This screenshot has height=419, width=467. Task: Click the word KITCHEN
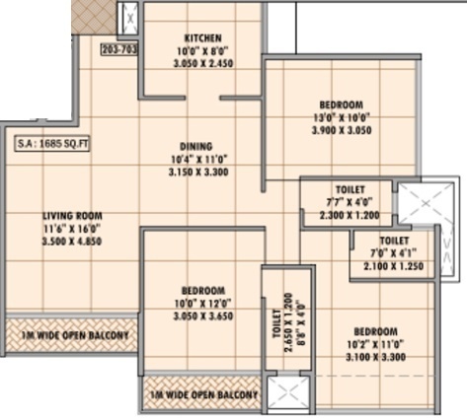[x=201, y=36]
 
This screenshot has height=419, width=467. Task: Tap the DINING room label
[x=195, y=147]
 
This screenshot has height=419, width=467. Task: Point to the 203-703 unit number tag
[x=118, y=46]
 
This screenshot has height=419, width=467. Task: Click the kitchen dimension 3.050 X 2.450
[x=201, y=61]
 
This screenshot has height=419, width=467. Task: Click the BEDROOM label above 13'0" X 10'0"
[x=341, y=105]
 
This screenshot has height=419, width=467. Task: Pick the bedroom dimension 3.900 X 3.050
[x=341, y=129]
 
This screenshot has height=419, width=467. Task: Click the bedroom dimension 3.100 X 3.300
[x=375, y=356]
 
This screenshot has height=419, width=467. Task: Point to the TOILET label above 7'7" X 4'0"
[x=350, y=188]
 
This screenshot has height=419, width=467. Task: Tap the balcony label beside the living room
[x=72, y=334]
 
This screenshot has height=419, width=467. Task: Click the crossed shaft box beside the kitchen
[x=128, y=19]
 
